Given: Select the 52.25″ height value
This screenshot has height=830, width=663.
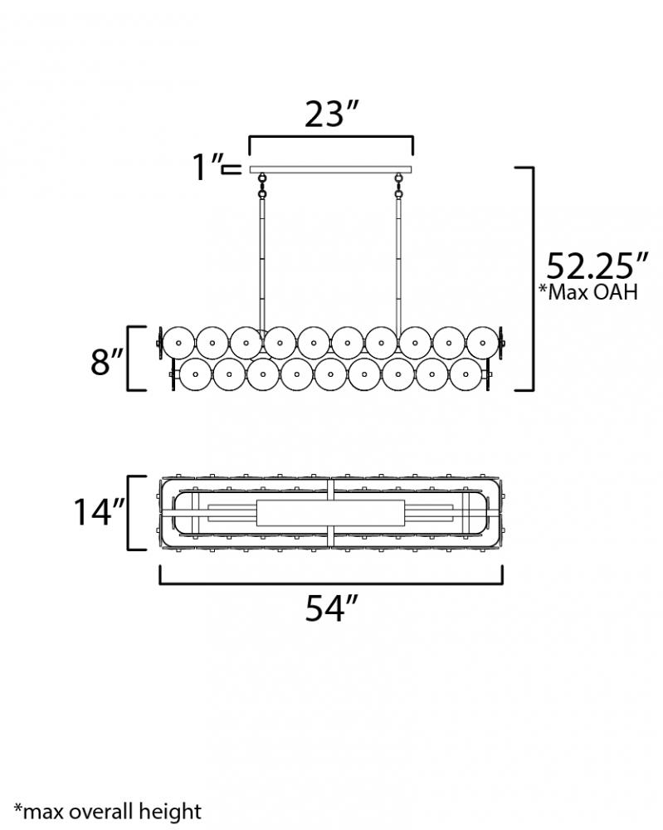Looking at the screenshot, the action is (597, 266).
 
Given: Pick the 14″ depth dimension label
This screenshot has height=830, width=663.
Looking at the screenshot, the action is (99, 512).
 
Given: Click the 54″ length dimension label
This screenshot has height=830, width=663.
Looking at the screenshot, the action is (332, 608).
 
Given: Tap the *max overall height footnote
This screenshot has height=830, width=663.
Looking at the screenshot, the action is (107, 811).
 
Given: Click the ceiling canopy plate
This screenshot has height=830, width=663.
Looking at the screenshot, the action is (330, 169).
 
